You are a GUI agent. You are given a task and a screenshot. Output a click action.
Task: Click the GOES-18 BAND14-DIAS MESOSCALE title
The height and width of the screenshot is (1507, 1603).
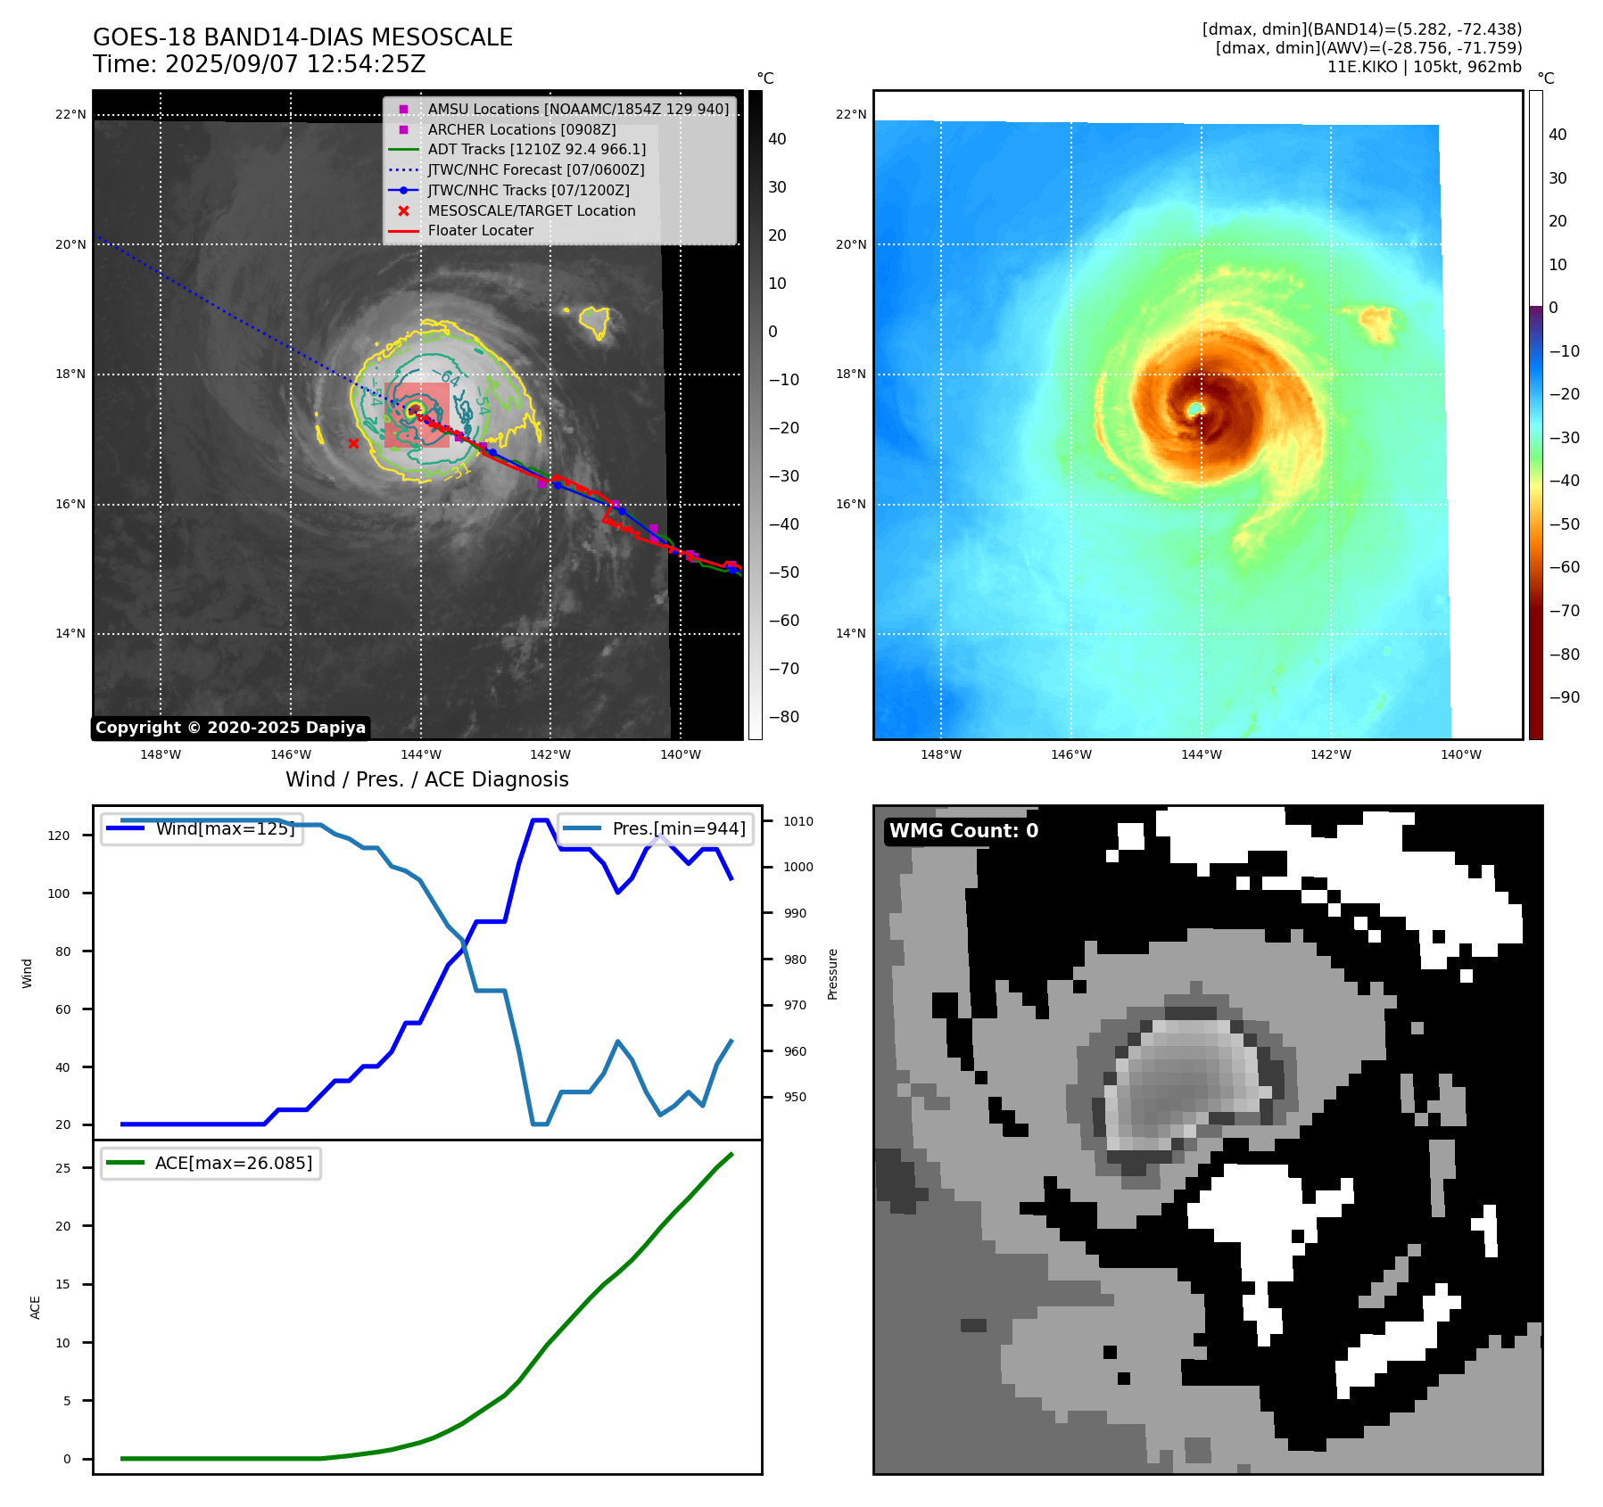click(302, 37)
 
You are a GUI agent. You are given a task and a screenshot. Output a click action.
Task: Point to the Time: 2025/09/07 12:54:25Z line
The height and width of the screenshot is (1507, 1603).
click(259, 64)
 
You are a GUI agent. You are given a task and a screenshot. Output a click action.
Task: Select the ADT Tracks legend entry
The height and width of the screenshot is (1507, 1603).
click(536, 149)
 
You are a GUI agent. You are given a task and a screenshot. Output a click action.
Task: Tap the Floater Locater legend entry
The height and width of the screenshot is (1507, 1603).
click(480, 230)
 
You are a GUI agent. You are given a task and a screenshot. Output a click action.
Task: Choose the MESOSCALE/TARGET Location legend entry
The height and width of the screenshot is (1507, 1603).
click(531, 210)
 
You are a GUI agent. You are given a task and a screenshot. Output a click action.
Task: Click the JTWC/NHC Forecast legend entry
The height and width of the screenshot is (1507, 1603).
click(535, 169)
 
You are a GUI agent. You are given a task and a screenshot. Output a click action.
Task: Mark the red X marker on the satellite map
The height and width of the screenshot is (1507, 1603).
click(353, 443)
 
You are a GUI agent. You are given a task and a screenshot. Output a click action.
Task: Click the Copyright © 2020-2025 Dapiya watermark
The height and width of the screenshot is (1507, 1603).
click(230, 728)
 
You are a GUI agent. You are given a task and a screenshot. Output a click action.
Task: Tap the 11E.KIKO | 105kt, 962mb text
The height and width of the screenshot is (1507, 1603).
click(1424, 67)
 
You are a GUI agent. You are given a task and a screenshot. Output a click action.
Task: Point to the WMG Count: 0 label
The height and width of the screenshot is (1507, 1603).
click(963, 831)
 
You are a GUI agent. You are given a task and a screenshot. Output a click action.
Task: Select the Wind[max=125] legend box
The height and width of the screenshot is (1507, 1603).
click(202, 828)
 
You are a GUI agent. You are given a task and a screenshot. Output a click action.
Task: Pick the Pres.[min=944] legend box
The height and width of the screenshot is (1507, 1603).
click(656, 828)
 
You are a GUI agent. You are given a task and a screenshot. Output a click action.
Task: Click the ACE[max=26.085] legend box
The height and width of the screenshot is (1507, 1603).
click(211, 1163)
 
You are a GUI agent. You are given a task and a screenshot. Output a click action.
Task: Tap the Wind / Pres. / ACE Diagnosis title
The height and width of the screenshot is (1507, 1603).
click(426, 779)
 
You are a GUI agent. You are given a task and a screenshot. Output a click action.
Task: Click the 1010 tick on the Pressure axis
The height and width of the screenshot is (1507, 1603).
click(798, 821)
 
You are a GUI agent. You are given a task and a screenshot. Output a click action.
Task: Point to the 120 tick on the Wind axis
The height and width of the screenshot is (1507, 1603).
click(59, 836)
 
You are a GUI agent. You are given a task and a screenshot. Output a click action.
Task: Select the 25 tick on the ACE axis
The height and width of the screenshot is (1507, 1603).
click(62, 1168)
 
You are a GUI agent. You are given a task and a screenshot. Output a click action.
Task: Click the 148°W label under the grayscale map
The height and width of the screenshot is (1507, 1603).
click(161, 754)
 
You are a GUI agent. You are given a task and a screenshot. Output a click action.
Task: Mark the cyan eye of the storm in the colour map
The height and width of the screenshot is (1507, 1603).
click(1195, 408)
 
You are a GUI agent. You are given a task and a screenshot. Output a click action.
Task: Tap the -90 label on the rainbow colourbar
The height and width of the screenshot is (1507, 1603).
click(1564, 697)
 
